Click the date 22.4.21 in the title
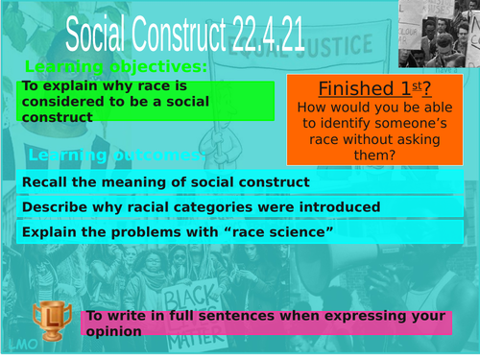pos(268,36)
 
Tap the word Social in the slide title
pos(100,36)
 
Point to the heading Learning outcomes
pos(115,156)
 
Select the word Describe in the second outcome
pos(54,206)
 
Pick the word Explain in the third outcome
pos(50,231)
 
